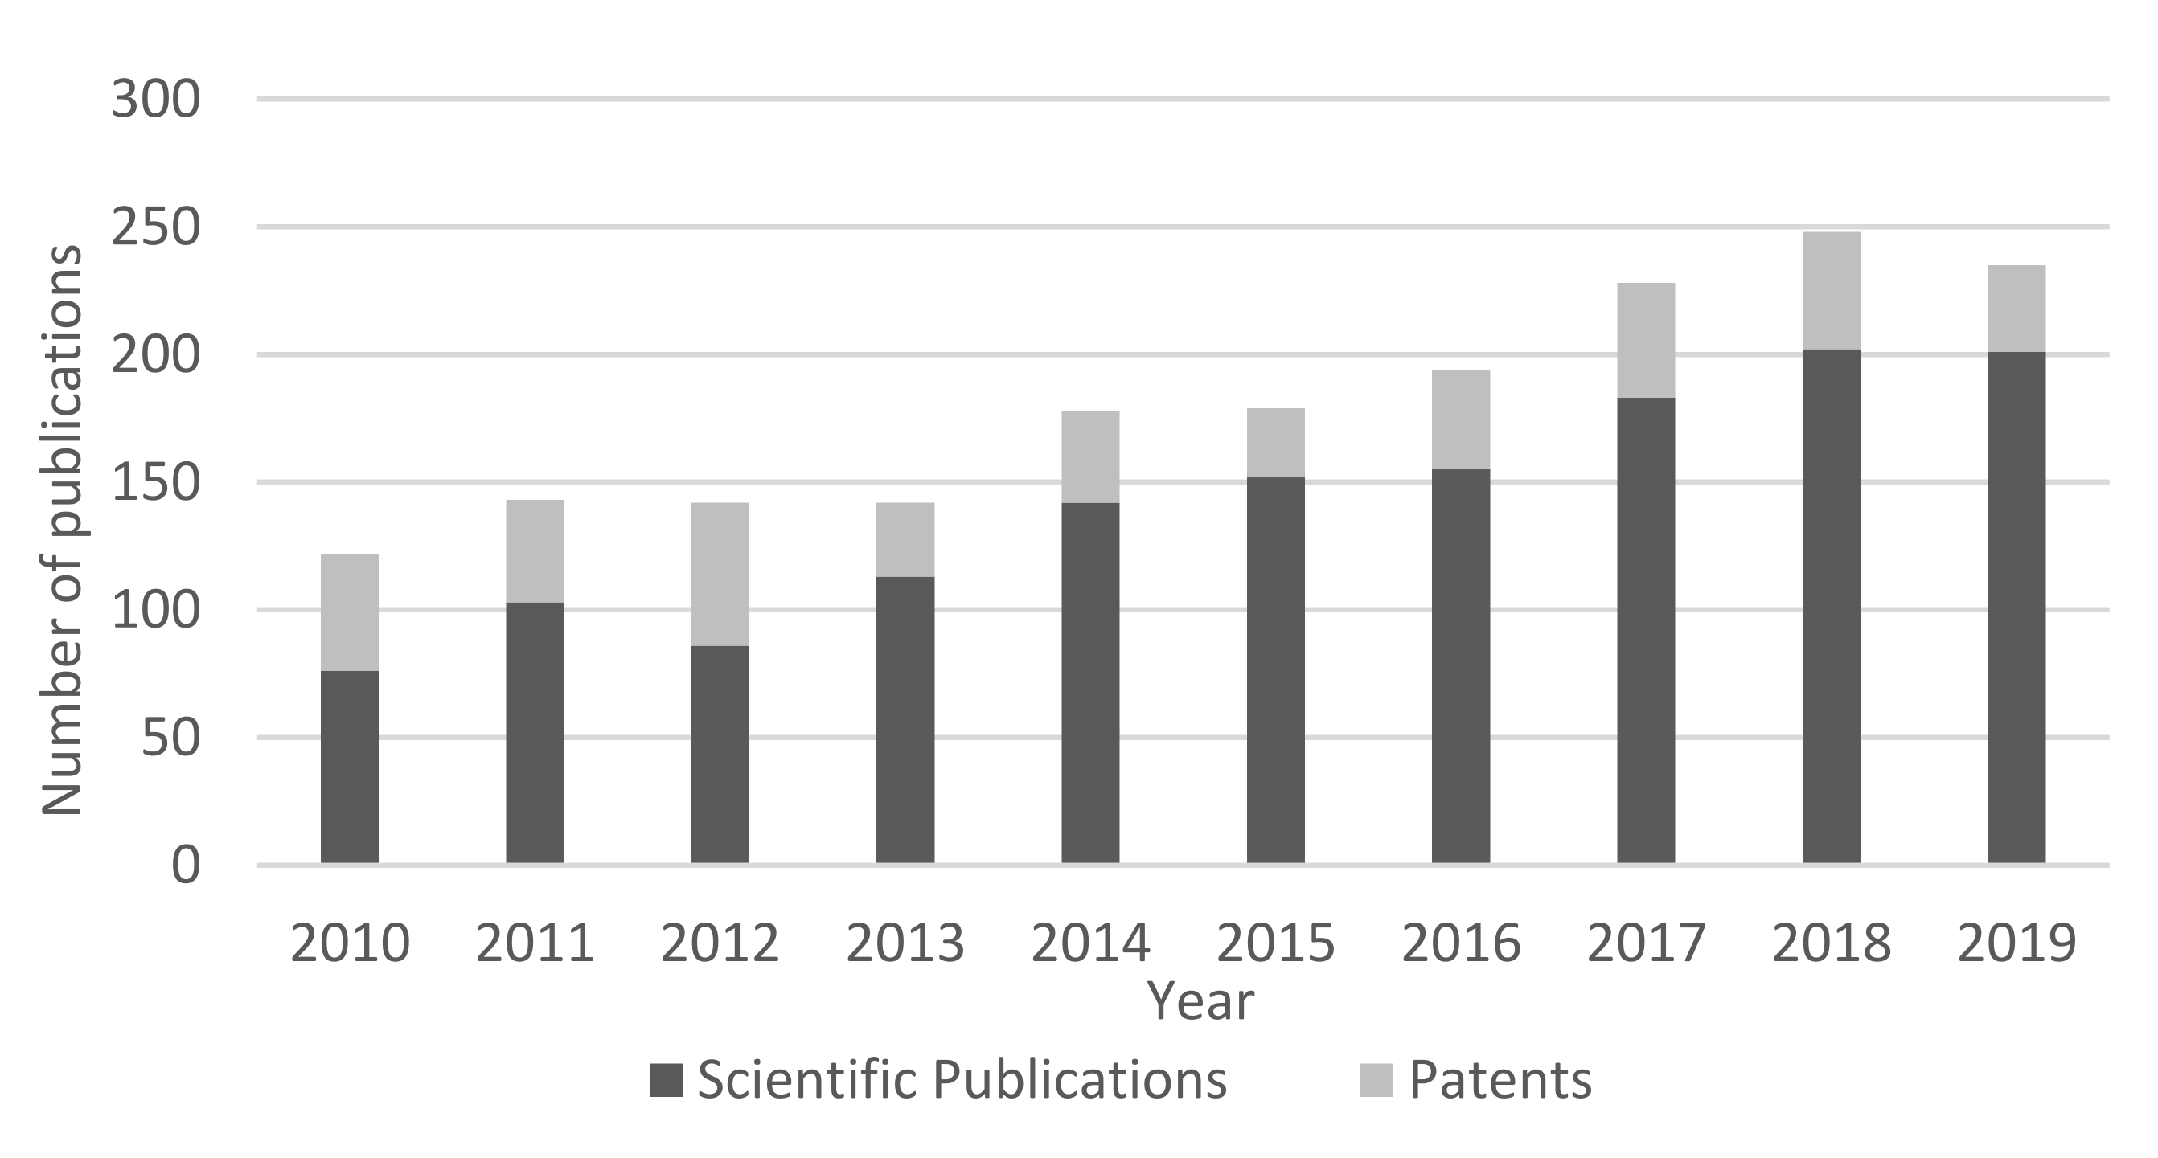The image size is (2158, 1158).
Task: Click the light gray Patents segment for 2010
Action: [349, 612]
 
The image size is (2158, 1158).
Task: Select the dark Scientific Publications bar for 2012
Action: [720, 754]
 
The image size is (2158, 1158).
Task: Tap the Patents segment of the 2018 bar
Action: [1832, 291]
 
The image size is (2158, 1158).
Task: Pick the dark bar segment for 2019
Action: [2016, 607]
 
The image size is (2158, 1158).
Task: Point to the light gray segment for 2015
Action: [1275, 443]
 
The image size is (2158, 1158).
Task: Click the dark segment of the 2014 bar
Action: [1090, 682]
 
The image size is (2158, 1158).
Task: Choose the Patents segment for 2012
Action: [720, 575]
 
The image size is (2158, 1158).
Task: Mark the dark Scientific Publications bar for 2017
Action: [1645, 630]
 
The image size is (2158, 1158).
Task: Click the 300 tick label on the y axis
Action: [156, 100]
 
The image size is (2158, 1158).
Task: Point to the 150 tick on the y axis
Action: [156, 483]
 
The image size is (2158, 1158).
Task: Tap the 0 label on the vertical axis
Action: [185, 865]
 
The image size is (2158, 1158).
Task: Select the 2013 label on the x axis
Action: [905, 943]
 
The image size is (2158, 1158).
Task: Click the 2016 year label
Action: [1460, 943]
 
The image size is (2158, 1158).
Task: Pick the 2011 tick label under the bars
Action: [535, 943]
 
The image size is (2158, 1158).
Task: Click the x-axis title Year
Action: [1200, 1001]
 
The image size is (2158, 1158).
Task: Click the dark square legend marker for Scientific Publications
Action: [667, 1080]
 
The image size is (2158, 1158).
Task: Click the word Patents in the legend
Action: [1500, 1080]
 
